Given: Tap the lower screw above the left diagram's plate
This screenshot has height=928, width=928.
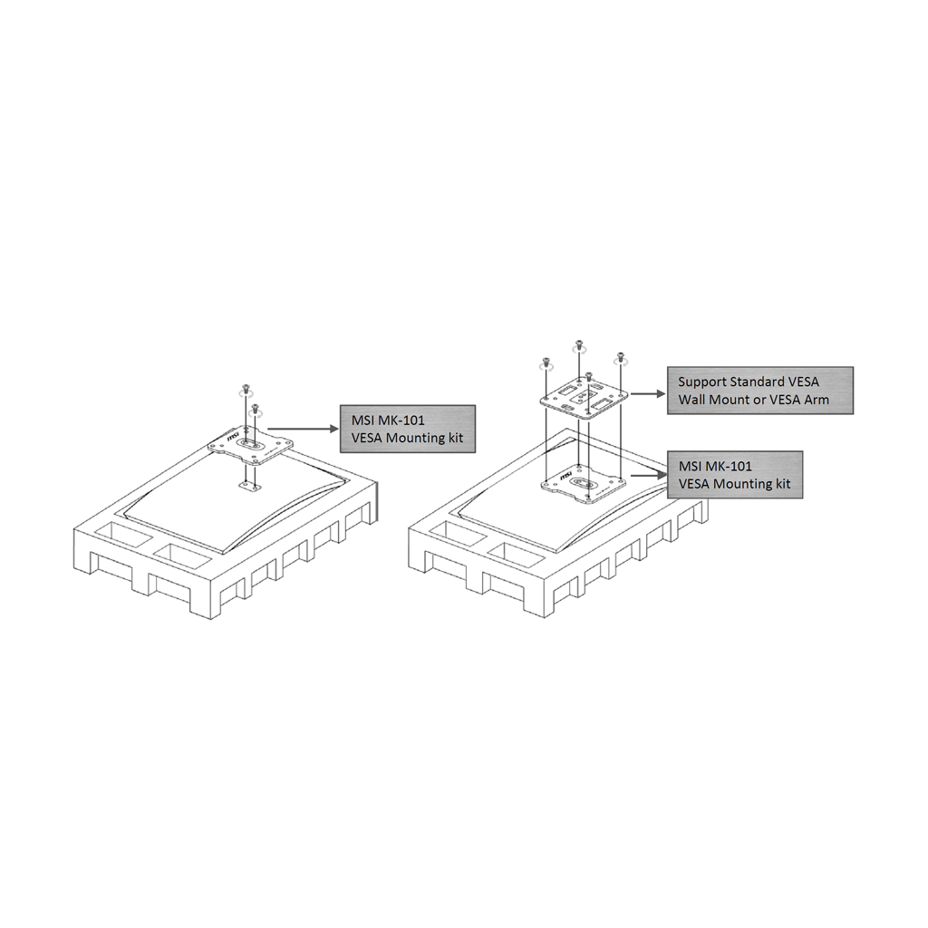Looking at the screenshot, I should pos(256,409).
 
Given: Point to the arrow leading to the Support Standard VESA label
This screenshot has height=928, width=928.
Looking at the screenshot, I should pos(646,393).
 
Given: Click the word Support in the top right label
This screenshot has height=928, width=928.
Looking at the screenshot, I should pos(702,382).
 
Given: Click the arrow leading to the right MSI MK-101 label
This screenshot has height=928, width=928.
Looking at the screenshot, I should pos(647,472).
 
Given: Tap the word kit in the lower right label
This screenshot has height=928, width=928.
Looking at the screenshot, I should pos(778,484).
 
